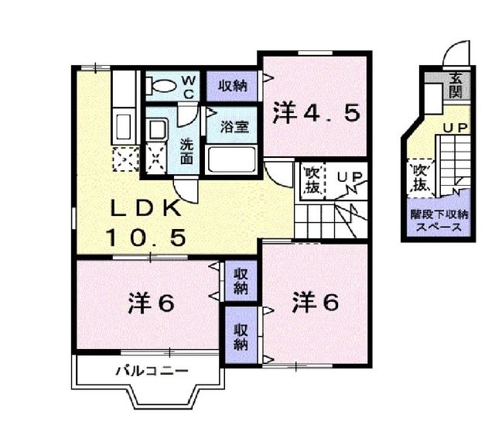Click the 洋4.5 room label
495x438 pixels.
click(316, 114)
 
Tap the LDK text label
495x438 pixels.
click(145, 207)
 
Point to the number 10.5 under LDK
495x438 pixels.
click(146, 238)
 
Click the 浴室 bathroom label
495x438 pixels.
click(234, 126)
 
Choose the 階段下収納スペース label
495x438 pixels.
click(438, 221)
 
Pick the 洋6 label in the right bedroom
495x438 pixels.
click(316, 302)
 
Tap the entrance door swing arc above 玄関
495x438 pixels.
click(457, 53)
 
